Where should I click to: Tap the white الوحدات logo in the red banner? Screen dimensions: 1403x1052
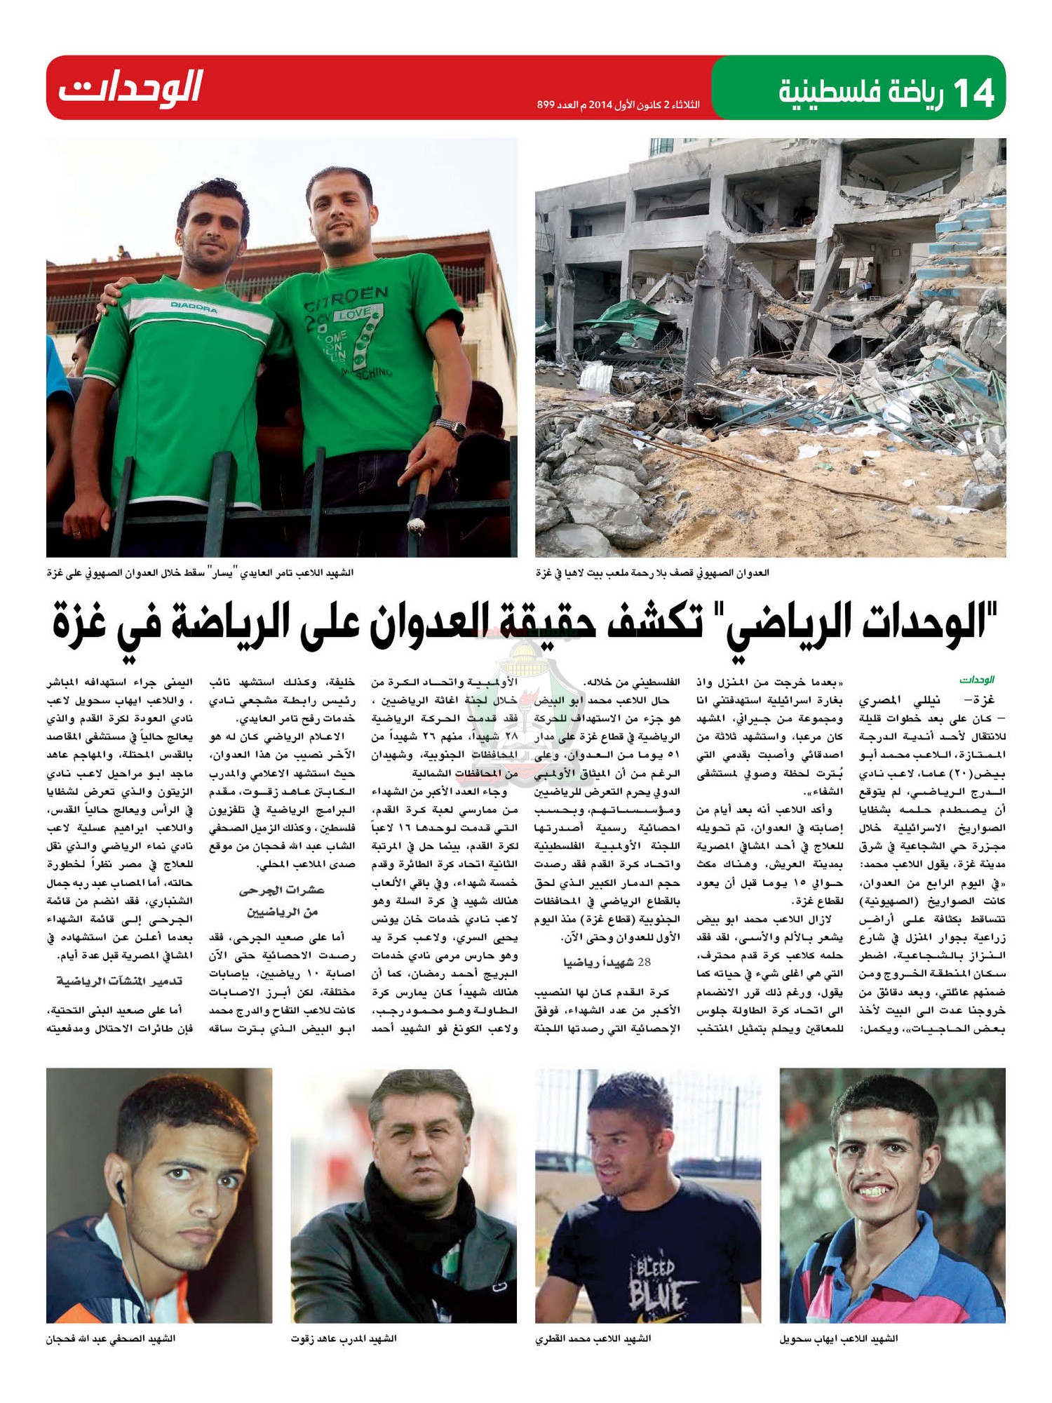pyautogui.click(x=130, y=88)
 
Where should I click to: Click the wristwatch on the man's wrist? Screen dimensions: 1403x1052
pyautogui.click(x=450, y=427)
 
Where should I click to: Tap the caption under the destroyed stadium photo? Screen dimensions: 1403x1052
pyautogui.click(x=652, y=573)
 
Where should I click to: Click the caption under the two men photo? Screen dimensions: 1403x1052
pyautogui.click(x=201, y=573)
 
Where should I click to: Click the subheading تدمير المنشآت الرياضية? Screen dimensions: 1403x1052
pyautogui.click(x=119, y=981)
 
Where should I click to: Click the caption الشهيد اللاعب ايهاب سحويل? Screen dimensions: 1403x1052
pyautogui.click(x=838, y=1338)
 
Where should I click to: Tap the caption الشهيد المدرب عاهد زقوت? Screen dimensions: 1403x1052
pyautogui.click(x=344, y=1338)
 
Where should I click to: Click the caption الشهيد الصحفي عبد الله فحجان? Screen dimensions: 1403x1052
pyautogui.click(x=111, y=1338)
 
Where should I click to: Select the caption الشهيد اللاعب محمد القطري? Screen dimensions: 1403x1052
pyautogui.click(x=593, y=1338)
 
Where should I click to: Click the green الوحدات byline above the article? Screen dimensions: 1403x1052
pyautogui.click(x=977, y=680)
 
